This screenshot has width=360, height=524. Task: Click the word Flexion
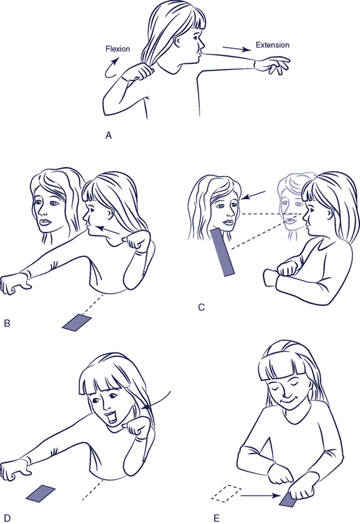(x=117, y=49)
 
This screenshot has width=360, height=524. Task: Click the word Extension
(x=273, y=45)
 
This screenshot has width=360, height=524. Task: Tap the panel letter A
(x=108, y=136)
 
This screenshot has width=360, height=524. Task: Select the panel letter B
(x=7, y=323)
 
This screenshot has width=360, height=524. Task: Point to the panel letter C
(x=201, y=307)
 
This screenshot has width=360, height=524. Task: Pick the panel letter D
(x=7, y=518)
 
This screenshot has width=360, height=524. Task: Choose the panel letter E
(x=217, y=518)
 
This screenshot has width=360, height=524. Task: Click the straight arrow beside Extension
(x=237, y=49)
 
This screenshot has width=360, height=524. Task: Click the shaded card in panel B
(x=77, y=323)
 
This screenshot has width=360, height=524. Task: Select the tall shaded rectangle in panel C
(x=222, y=252)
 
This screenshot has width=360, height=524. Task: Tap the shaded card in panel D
(x=41, y=493)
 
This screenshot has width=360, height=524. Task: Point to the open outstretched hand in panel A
(x=273, y=65)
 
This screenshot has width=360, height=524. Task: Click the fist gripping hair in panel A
(x=138, y=71)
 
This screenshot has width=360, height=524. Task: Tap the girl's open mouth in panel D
(x=110, y=416)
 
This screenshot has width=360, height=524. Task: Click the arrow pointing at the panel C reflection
(x=253, y=196)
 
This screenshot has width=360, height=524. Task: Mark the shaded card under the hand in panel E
(x=289, y=500)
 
